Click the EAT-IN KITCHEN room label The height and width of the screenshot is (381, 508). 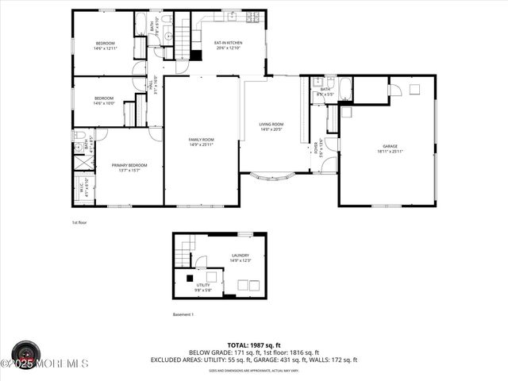click(229, 42)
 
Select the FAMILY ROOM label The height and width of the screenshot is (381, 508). click(201, 140)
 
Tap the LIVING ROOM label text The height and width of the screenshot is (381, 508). click(271, 125)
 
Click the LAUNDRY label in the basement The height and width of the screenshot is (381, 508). click(240, 256)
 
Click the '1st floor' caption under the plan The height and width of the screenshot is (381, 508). click(79, 222)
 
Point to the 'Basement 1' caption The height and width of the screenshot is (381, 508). click(183, 314)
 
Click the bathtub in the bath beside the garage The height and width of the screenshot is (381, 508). click(346, 89)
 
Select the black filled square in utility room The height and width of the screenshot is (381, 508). click(189, 279)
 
